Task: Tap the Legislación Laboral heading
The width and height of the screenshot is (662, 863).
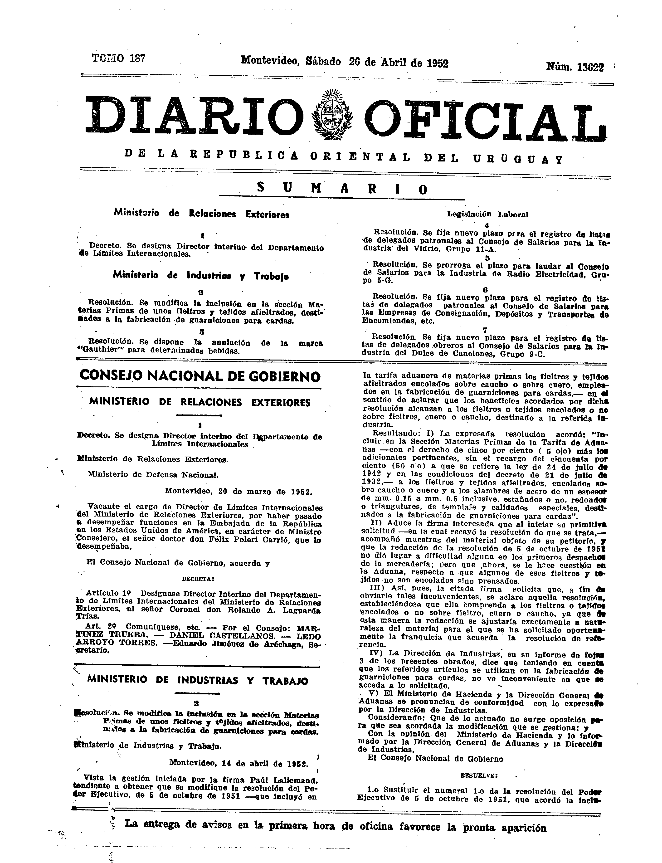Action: click(x=487, y=214)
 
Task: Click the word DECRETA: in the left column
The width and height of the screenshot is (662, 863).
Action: click(x=198, y=579)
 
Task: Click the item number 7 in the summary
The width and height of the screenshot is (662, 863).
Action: click(x=485, y=329)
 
